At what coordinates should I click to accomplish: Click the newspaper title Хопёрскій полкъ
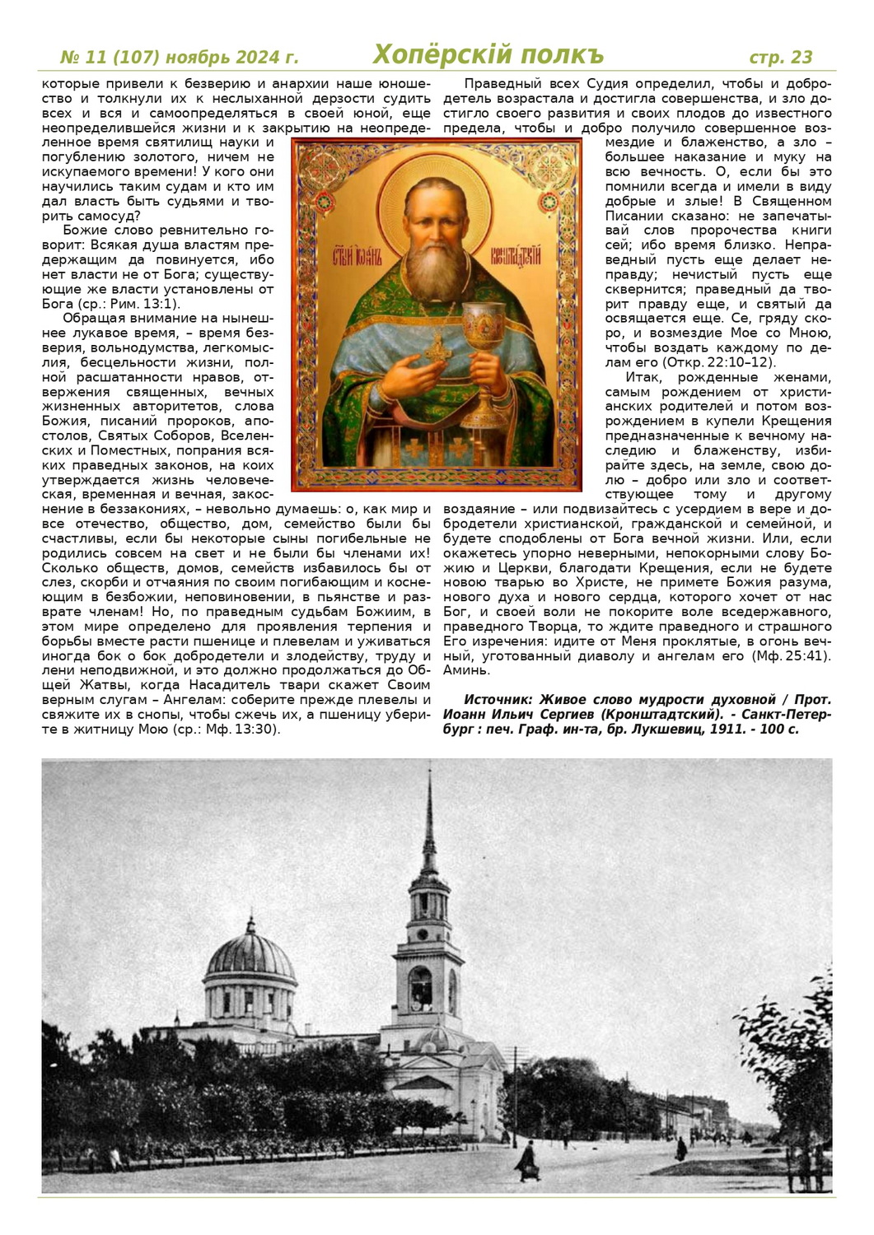click(488, 54)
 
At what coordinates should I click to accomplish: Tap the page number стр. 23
click(780, 57)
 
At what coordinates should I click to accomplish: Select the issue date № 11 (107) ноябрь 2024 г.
click(180, 58)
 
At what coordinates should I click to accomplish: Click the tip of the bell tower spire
click(429, 774)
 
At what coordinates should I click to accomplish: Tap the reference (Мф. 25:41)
click(789, 655)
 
